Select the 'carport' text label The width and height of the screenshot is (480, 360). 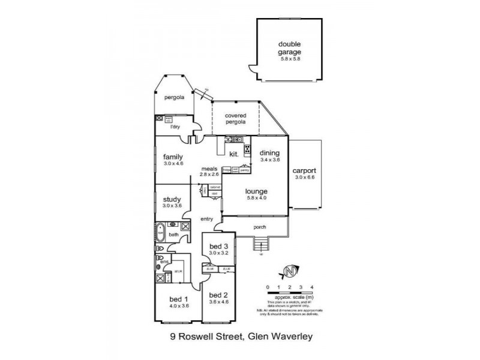coord(304,170)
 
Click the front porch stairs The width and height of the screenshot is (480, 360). coord(260,244)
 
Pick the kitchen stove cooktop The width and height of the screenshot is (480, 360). coord(247,150)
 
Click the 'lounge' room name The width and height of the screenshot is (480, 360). coord(255,191)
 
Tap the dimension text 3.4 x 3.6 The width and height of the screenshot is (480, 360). coord(270,160)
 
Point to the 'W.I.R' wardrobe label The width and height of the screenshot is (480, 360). coord(178,272)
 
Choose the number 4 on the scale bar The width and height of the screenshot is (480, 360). coord(311,287)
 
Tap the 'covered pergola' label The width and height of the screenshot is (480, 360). coord(236,118)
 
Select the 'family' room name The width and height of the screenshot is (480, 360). coord(173,157)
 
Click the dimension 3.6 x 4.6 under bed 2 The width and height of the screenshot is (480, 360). coord(220,301)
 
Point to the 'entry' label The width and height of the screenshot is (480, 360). coord(208,218)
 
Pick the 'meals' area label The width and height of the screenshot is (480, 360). coord(209,169)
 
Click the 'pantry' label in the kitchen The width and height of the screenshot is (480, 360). coord(244,170)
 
